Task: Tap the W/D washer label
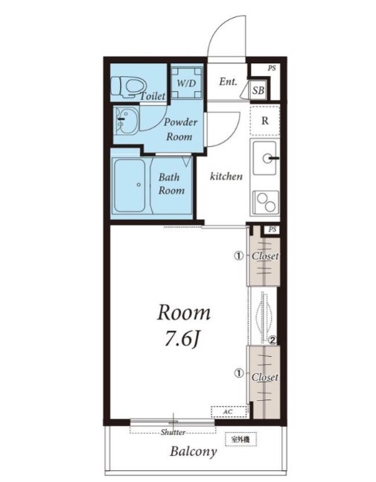[186, 83]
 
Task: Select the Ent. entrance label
[228, 82]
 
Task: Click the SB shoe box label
[258, 90]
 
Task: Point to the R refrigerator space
[265, 121]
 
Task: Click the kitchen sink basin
[264, 159]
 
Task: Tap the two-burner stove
[266, 203]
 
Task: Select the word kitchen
[226, 176]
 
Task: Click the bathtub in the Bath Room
[130, 185]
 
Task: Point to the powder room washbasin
[126, 120]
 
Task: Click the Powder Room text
[180, 130]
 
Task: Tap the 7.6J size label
[182, 339]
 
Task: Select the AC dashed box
[229, 412]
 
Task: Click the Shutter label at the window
[173, 432]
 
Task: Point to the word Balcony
[194, 451]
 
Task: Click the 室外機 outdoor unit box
[240, 440]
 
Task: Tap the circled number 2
[273, 340]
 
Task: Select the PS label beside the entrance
[272, 69]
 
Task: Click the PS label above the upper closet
[273, 229]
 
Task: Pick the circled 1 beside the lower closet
[239, 373]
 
